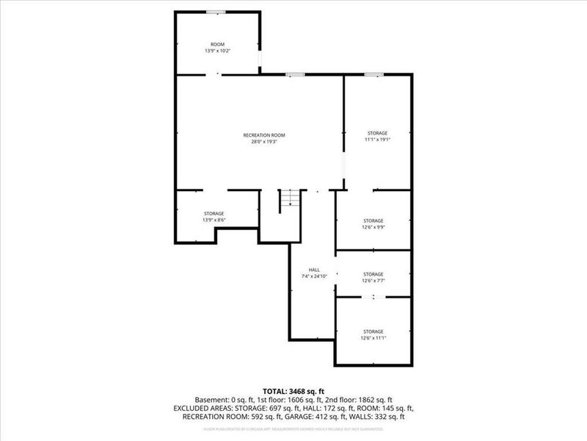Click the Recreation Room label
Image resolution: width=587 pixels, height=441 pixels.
tap(263, 135)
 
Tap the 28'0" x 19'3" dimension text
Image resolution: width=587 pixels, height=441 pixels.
tap(263, 142)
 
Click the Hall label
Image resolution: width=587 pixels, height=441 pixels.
tap(314, 270)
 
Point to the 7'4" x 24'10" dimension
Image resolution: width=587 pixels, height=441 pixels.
tap(314, 276)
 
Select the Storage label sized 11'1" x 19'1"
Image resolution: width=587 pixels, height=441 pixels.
tap(377, 133)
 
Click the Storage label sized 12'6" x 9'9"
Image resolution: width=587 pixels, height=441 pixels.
tap(373, 220)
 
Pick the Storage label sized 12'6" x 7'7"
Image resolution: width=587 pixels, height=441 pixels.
tap(373, 273)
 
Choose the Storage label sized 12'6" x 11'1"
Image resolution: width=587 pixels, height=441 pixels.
tap(373, 331)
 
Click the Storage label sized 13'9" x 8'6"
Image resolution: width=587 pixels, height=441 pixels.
tap(214, 213)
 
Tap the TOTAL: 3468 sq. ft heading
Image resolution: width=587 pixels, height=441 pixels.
tap(293, 390)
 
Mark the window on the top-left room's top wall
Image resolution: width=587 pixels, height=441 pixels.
tap(216, 11)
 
